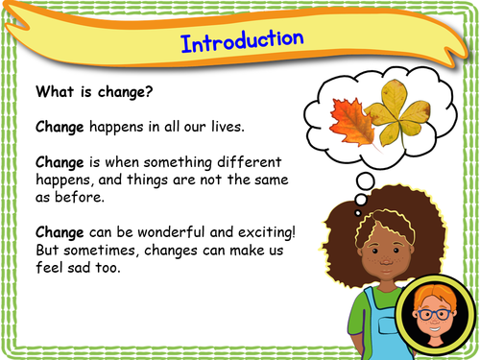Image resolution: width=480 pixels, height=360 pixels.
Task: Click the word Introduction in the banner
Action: coord(242,42)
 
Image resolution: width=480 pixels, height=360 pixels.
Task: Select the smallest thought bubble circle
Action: coord(357,211)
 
